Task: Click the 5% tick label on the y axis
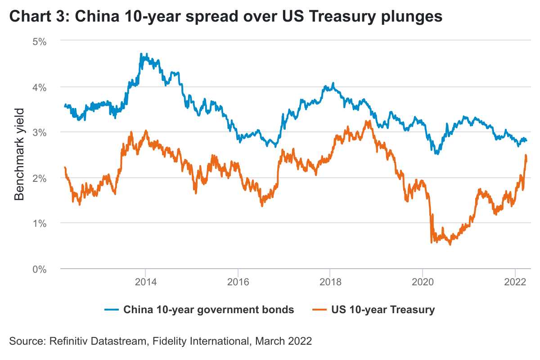40,41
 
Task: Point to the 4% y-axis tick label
40,87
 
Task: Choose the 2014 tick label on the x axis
145,283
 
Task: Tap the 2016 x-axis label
238,283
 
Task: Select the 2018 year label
330,283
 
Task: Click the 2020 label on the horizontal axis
423,283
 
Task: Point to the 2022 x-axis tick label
515,283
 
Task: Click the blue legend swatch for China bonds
112,310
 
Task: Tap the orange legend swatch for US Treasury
320,310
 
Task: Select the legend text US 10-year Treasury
383,310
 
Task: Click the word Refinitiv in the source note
67,341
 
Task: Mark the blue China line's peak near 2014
141,54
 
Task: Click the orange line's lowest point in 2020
450,244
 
